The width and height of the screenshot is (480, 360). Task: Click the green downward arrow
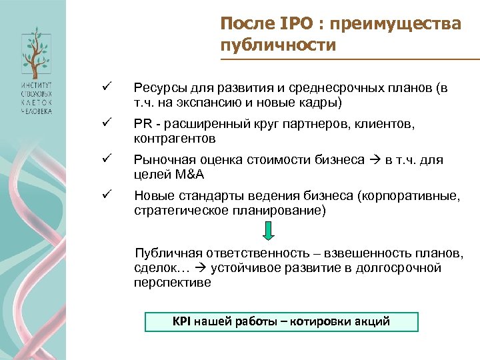point(267,231)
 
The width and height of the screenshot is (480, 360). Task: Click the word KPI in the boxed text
point(182,321)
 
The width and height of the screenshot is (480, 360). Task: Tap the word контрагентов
point(175,139)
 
